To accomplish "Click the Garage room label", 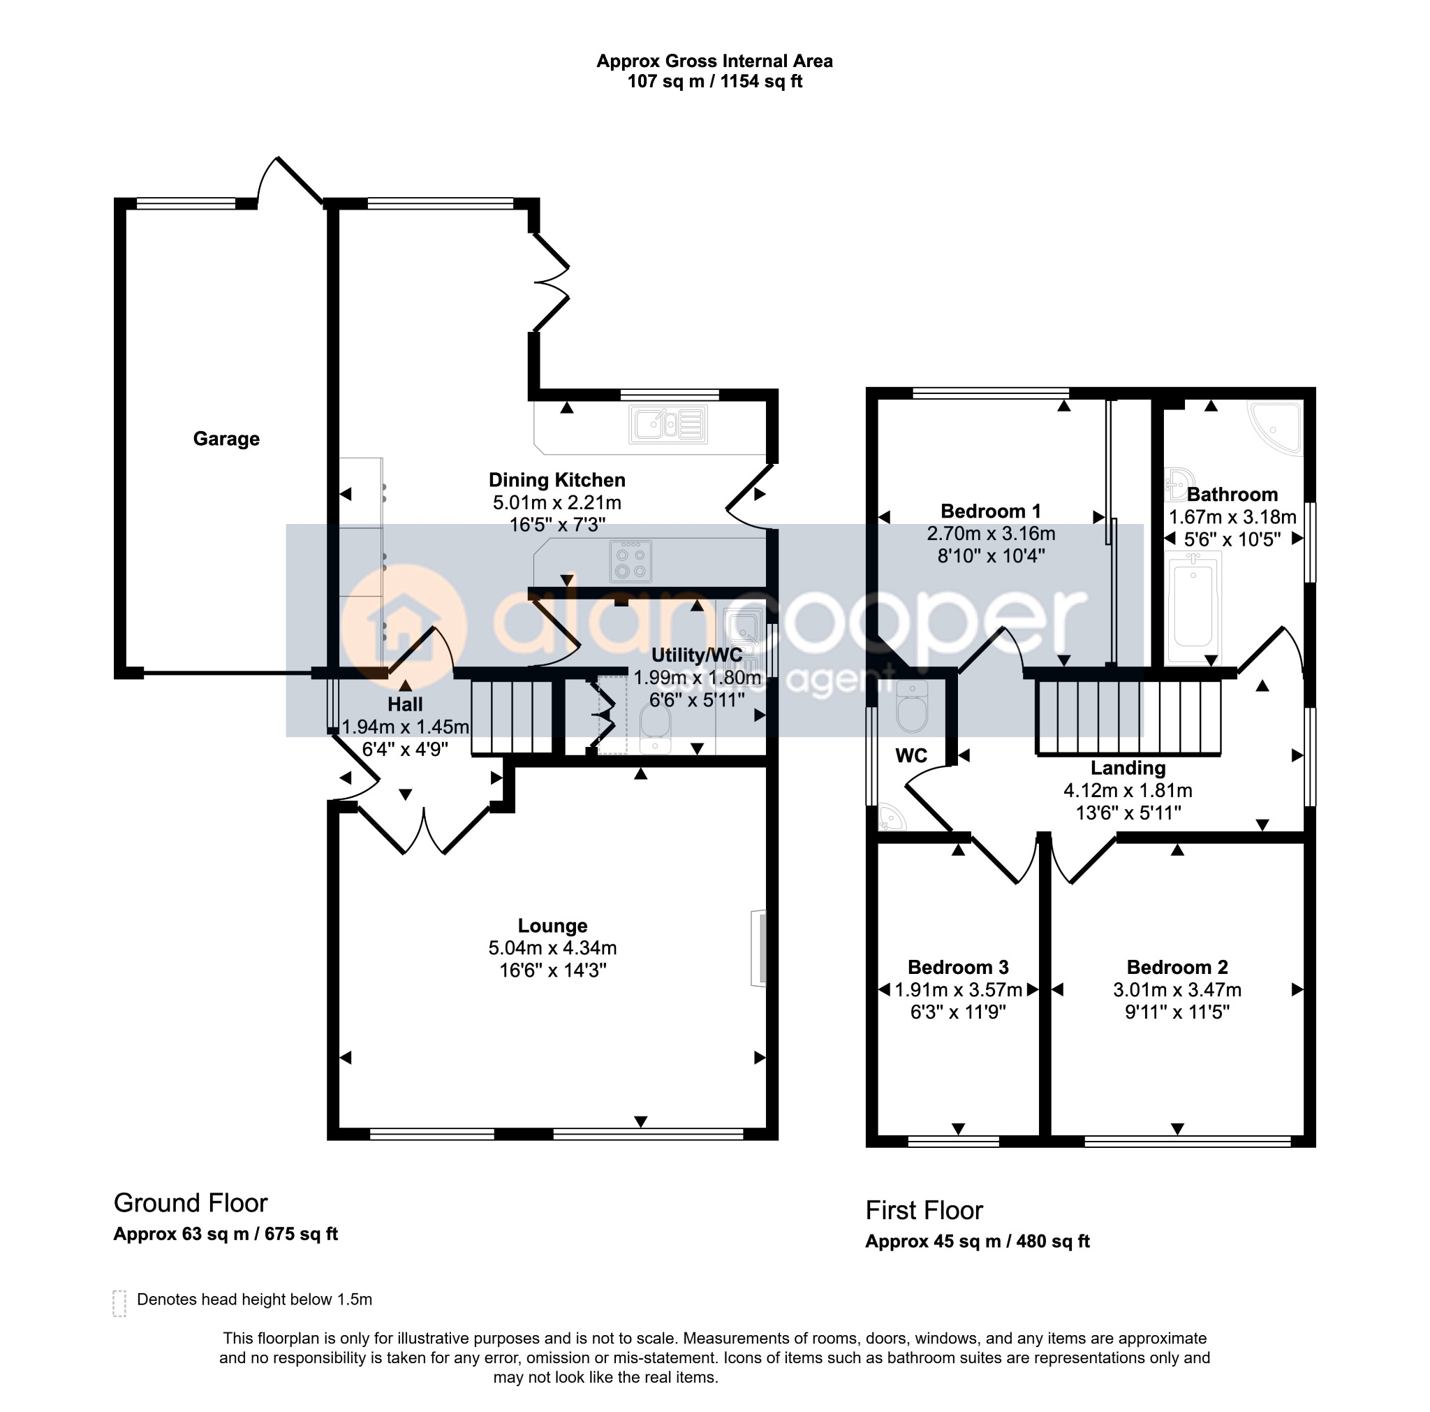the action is tap(226, 439).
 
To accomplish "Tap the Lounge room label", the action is tap(553, 926).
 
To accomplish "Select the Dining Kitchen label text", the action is tap(557, 480).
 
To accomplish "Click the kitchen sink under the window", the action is tap(668, 424).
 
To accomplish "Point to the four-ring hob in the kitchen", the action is tap(631, 561).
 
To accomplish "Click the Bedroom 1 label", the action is tap(991, 511).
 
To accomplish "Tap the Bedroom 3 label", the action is tap(959, 967).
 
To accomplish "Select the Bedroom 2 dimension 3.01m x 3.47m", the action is tap(1178, 990).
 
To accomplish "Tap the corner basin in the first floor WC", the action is tap(891, 818).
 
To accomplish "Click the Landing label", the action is tap(1128, 768).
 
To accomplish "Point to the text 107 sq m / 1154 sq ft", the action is tap(715, 82).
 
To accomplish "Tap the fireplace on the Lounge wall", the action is tap(759, 948).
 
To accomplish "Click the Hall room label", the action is tap(405, 704).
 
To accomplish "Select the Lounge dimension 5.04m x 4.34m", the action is tap(553, 948).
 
